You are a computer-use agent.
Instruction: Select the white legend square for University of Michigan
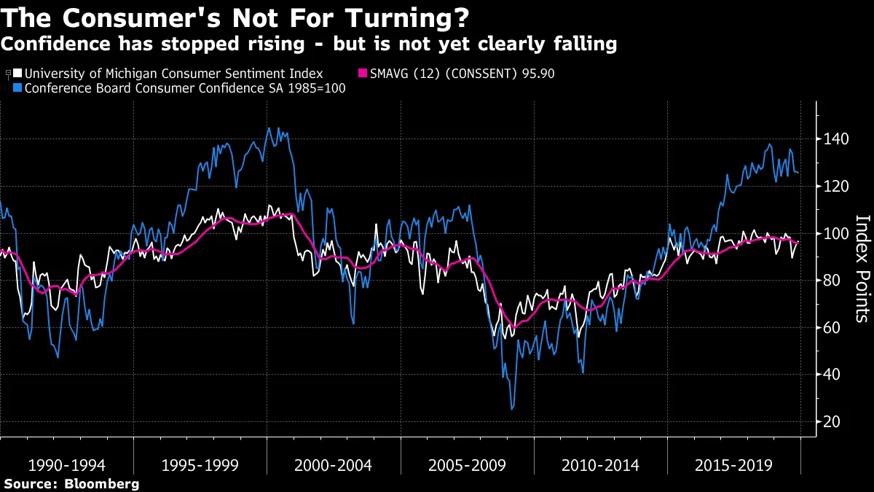coord(18,74)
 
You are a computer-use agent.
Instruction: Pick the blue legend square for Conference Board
coord(18,88)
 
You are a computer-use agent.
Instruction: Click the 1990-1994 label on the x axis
coord(66,464)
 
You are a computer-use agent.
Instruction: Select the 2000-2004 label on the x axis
coord(334,464)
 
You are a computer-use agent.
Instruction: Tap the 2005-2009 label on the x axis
coord(467,464)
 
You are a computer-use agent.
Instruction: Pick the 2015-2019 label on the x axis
coord(733,464)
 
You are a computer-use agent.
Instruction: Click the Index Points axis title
coord(862,268)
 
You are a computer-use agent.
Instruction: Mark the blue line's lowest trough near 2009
coord(511,409)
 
